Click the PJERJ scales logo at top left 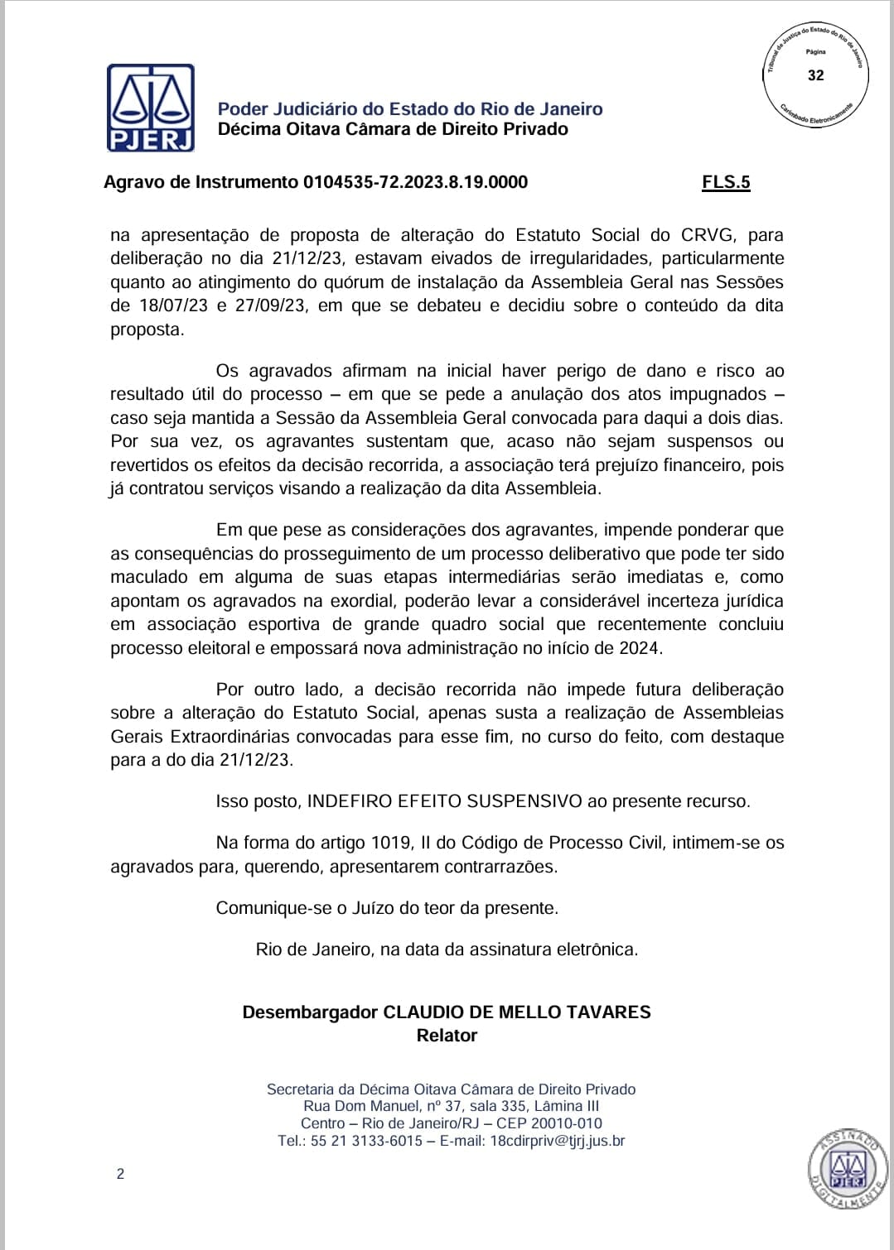[x=151, y=108]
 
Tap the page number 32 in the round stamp [x=816, y=75]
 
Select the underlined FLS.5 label [x=726, y=182]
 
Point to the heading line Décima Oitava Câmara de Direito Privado [x=393, y=129]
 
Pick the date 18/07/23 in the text [x=172, y=305]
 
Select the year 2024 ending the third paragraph [x=640, y=648]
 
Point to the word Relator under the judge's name [x=447, y=1036]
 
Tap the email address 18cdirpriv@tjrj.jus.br [x=558, y=1141]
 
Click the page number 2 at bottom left [x=120, y=1174]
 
